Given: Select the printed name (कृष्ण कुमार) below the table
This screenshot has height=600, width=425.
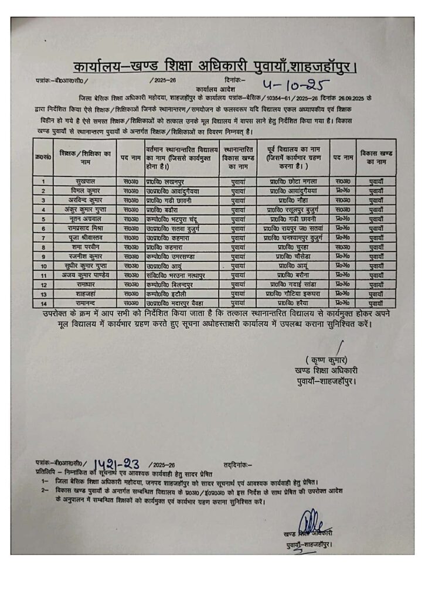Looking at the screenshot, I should [326, 359].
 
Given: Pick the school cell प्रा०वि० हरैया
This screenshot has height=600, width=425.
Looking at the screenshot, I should [297, 303].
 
